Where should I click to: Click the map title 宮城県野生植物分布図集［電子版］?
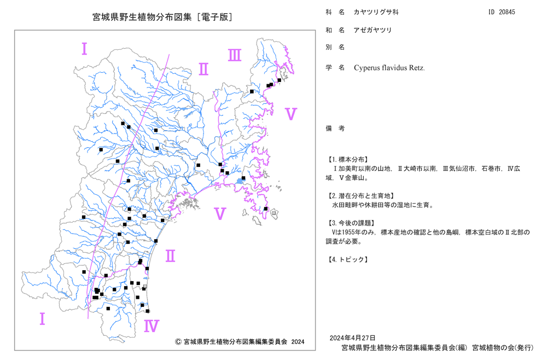162,17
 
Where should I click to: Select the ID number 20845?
507,12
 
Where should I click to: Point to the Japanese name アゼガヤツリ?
373,30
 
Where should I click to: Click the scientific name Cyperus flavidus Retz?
389,68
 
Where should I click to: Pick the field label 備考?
335,129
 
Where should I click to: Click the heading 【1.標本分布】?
347,159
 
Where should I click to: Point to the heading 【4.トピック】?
347,259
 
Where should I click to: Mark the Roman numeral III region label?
235,55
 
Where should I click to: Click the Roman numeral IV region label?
152,326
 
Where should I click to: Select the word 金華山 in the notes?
355,178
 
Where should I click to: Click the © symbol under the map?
178,342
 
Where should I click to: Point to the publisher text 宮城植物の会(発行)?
503,348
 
